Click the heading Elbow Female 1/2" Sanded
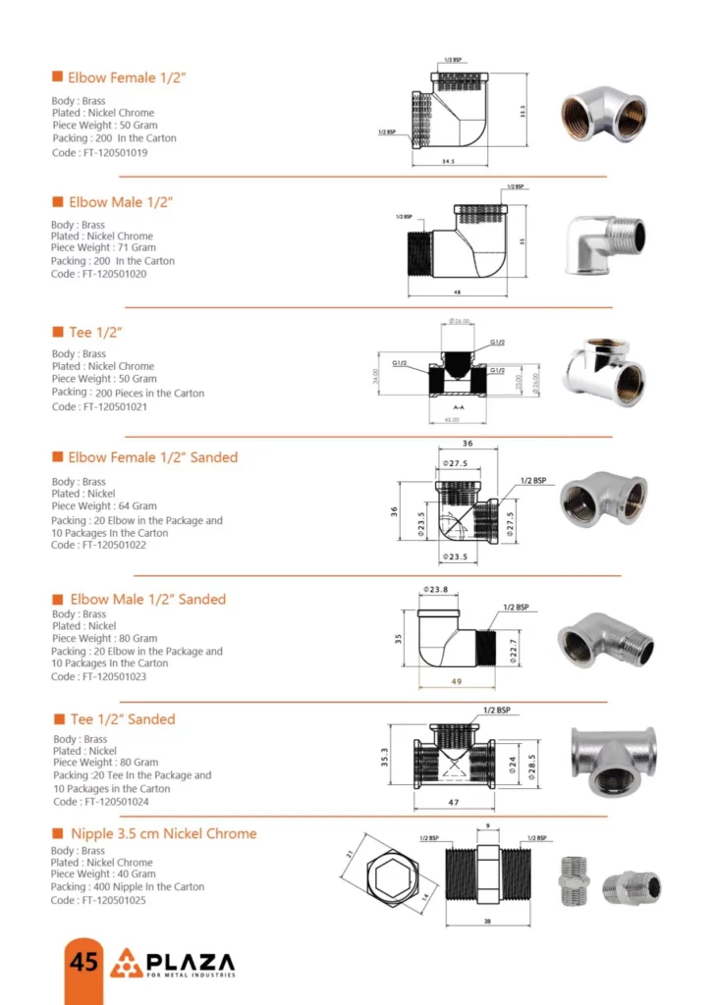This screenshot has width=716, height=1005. coord(152,457)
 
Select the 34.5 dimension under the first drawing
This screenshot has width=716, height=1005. coord(448,162)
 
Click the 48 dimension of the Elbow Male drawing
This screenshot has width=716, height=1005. coord(458,291)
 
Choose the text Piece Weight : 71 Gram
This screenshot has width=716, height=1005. coord(104,248)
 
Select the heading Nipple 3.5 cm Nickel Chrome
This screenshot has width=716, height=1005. coord(162,833)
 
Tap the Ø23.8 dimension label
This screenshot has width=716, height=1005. coord(435,590)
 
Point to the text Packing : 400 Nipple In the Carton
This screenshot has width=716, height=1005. coord(128,887)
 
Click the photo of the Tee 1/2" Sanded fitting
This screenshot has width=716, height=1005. coord(615,760)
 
